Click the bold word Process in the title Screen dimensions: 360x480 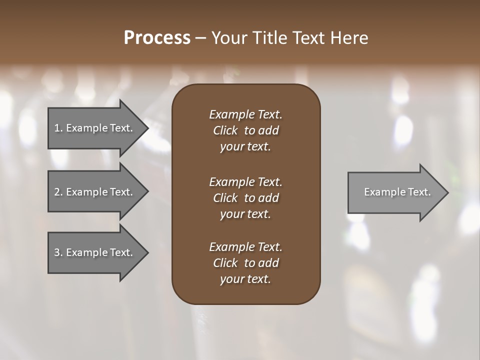coord(157,38)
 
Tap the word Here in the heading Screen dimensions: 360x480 coord(348,38)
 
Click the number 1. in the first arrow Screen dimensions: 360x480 coord(58,128)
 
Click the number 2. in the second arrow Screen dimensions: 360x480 coord(58,192)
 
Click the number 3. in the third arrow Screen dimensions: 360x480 coord(58,252)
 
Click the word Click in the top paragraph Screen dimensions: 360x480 coord(225,131)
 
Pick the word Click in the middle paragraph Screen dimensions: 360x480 coord(225,198)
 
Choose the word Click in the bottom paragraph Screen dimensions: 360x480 coord(225,263)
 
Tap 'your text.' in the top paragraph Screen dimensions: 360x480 coord(245,147)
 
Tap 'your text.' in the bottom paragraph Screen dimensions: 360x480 coord(245,279)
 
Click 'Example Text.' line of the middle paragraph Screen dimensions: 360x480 coord(245,181)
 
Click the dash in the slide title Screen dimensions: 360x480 coord(200,38)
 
